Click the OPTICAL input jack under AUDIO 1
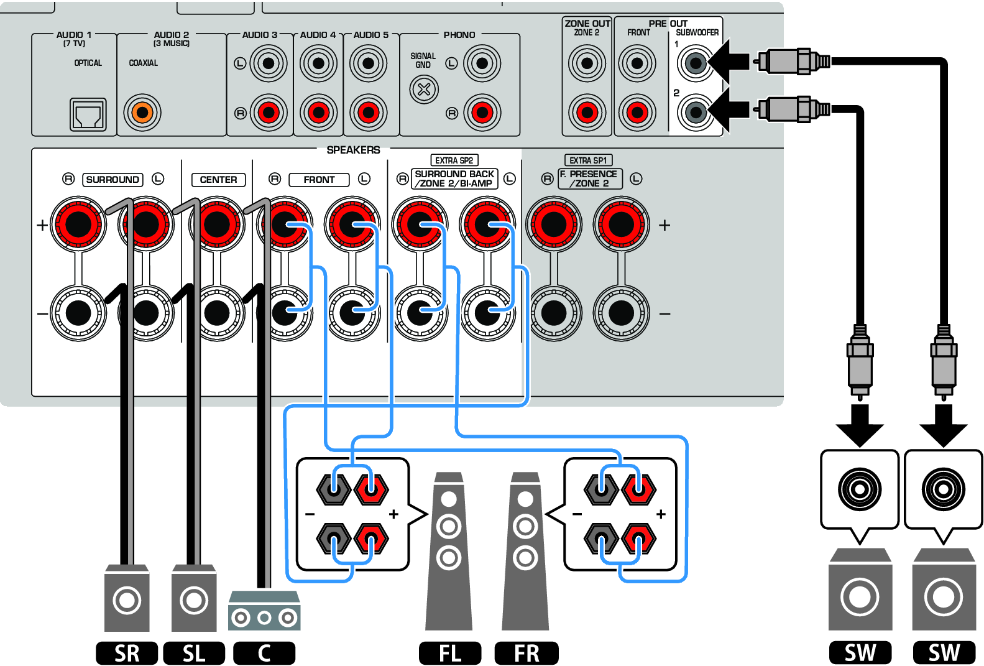(x=88, y=114)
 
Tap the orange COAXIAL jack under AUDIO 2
(x=142, y=113)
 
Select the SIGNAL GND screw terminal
(x=424, y=89)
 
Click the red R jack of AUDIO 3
(x=269, y=113)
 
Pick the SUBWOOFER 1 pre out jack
(x=696, y=63)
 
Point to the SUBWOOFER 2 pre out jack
(x=696, y=113)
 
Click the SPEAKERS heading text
(x=353, y=150)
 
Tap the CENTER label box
(x=218, y=180)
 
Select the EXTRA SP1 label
(x=588, y=160)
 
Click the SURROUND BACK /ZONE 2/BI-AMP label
(x=454, y=179)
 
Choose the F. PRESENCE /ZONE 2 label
(x=590, y=179)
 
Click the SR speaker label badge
(x=127, y=653)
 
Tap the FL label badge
(x=450, y=653)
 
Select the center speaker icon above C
(x=264, y=611)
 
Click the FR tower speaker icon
(x=525, y=553)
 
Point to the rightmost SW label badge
(x=944, y=653)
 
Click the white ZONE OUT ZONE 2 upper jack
(x=587, y=63)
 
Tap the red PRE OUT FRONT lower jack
(x=637, y=113)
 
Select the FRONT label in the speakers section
(x=319, y=180)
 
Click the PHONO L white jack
(x=482, y=63)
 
